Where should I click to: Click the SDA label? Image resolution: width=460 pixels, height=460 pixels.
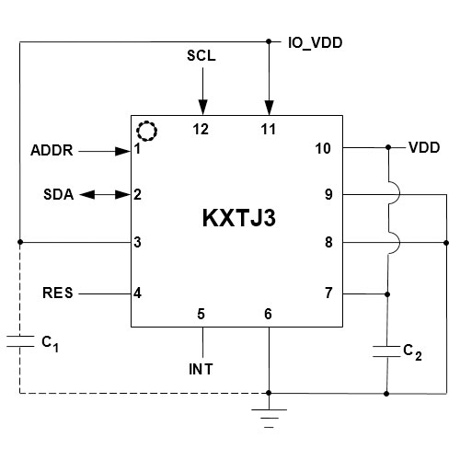pyautogui.click(x=59, y=195)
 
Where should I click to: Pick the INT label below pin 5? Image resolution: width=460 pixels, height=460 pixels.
pyautogui.click(x=201, y=370)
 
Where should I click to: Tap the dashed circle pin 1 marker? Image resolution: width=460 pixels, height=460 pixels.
pyautogui.click(x=145, y=130)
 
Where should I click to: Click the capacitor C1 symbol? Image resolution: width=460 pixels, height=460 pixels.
pyautogui.click(x=19, y=341)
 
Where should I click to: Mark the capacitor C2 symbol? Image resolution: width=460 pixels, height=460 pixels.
pyautogui.click(x=386, y=350)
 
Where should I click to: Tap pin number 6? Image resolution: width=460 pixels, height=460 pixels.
pyautogui.click(x=269, y=314)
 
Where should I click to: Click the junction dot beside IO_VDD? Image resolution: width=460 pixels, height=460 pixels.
pyautogui.click(x=269, y=41)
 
